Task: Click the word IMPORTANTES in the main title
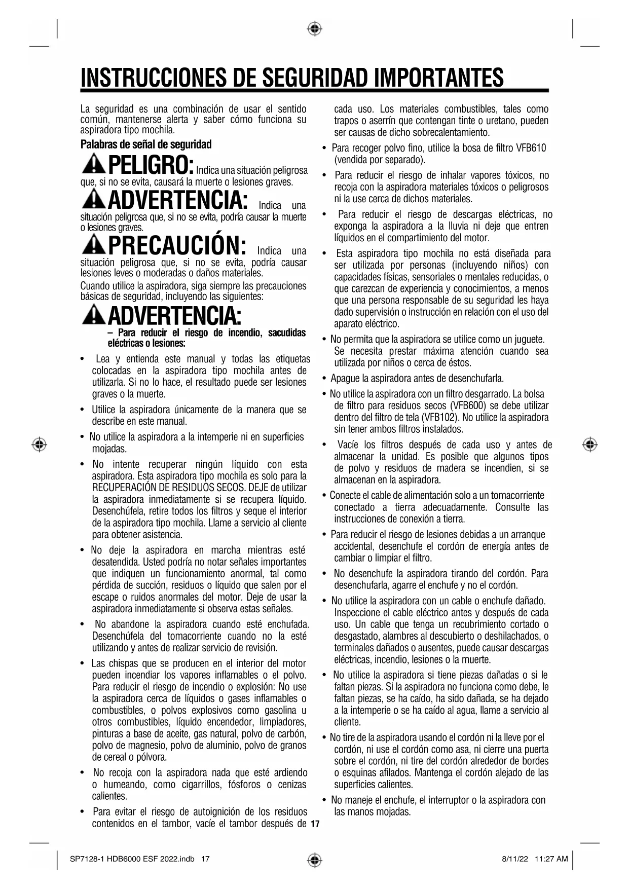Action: click(439, 78)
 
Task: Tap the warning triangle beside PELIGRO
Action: click(93, 164)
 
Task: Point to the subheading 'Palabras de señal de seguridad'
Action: click(146, 144)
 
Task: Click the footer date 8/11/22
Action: click(515, 859)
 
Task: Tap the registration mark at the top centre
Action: click(315, 29)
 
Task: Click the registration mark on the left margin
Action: click(39, 444)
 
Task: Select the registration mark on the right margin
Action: click(589, 444)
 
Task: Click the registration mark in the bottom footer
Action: click(315, 859)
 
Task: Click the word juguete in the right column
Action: click(528, 339)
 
